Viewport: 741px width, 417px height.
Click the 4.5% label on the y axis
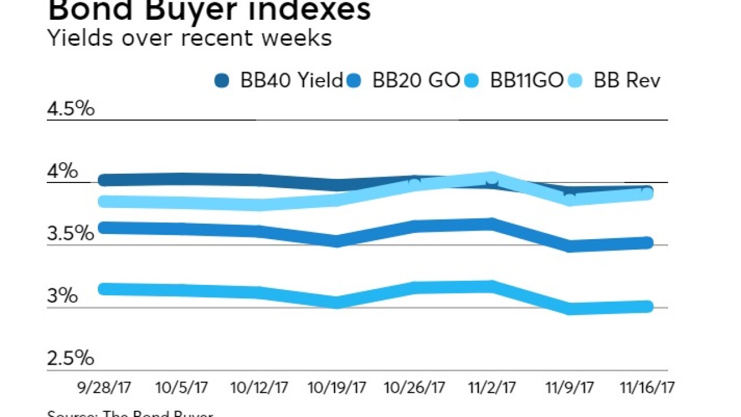tap(71, 109)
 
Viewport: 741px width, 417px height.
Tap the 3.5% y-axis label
tap(71, 234)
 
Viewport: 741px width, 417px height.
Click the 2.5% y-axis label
tap(71, 359)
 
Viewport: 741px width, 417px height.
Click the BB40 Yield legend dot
tap(221, 81)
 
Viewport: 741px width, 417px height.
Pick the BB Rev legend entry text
tap(627, 81)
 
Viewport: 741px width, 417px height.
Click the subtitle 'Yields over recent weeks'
tap(189, 38)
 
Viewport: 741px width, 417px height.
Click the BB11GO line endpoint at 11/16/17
tap(647, 306)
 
